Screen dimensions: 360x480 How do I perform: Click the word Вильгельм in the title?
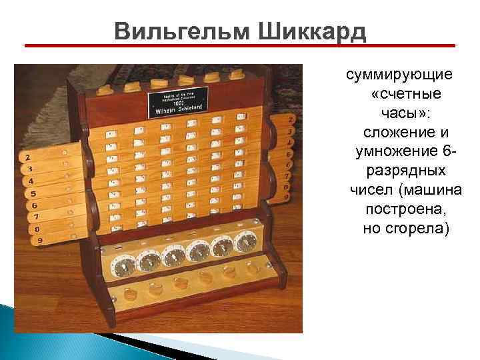pyautogui.click(x=170, y=31)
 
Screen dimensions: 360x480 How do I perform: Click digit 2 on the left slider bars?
pyautogui.click(x=28, y=157)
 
